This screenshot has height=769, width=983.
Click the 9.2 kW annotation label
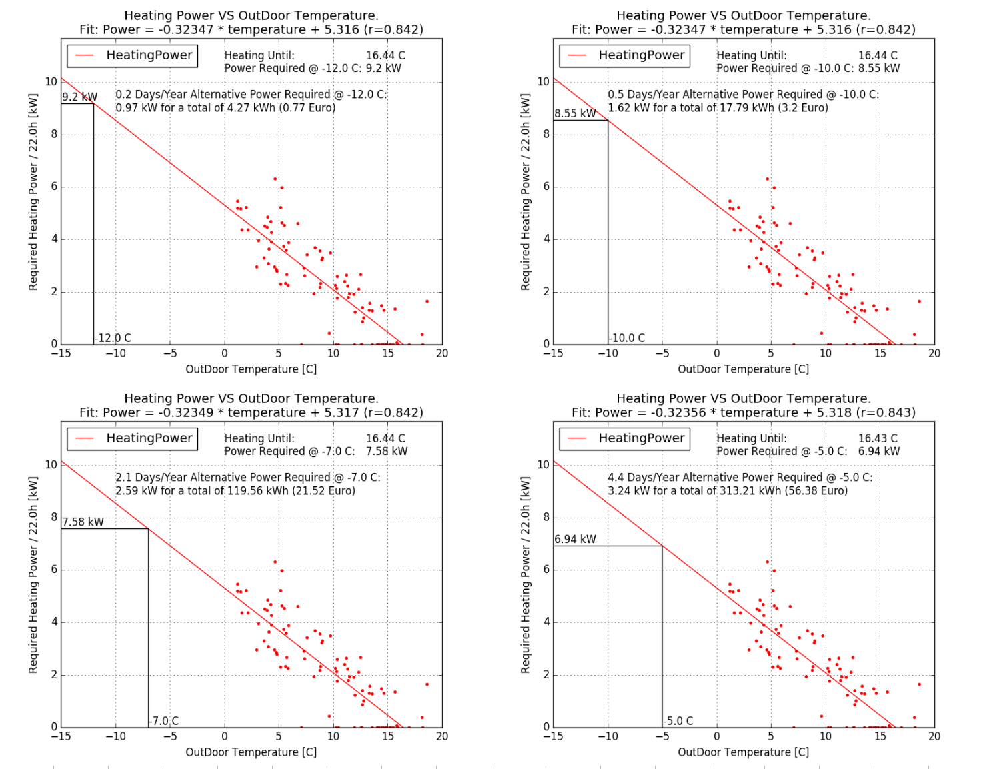click(x=79, y=97)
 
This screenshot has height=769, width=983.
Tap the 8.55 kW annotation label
click(x=575, y=114)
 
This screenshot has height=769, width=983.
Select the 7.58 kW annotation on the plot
click(x=83, y=522)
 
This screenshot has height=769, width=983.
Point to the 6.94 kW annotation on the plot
click(x=575, y=540)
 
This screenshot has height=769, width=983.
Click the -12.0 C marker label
click(x=113, y=338)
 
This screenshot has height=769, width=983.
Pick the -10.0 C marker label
click(x=627, y=338)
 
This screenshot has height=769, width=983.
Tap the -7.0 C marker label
click(x=164, y=721)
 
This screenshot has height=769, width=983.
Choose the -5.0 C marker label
click(x=678, y=721)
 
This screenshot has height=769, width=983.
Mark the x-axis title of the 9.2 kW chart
click(x=251, y=369)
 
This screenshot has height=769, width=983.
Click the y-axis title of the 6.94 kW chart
click(x=526, y=574)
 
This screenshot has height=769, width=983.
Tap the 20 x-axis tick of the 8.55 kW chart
click(x=934, y=353)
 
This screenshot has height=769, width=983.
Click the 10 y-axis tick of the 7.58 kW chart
click(x=51, y=465)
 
